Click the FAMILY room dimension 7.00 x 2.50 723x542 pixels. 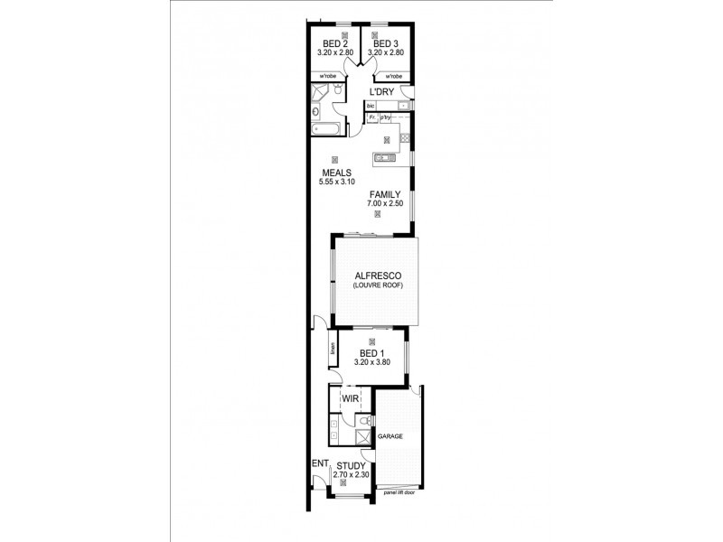tap(384, 204)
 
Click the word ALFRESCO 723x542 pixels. tap(377, 275)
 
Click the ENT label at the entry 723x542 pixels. tap(318, 463)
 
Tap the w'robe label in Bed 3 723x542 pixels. tap(391, 76)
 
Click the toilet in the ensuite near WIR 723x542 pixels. tap(362, 422)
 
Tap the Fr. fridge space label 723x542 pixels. tap(371, 117)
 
